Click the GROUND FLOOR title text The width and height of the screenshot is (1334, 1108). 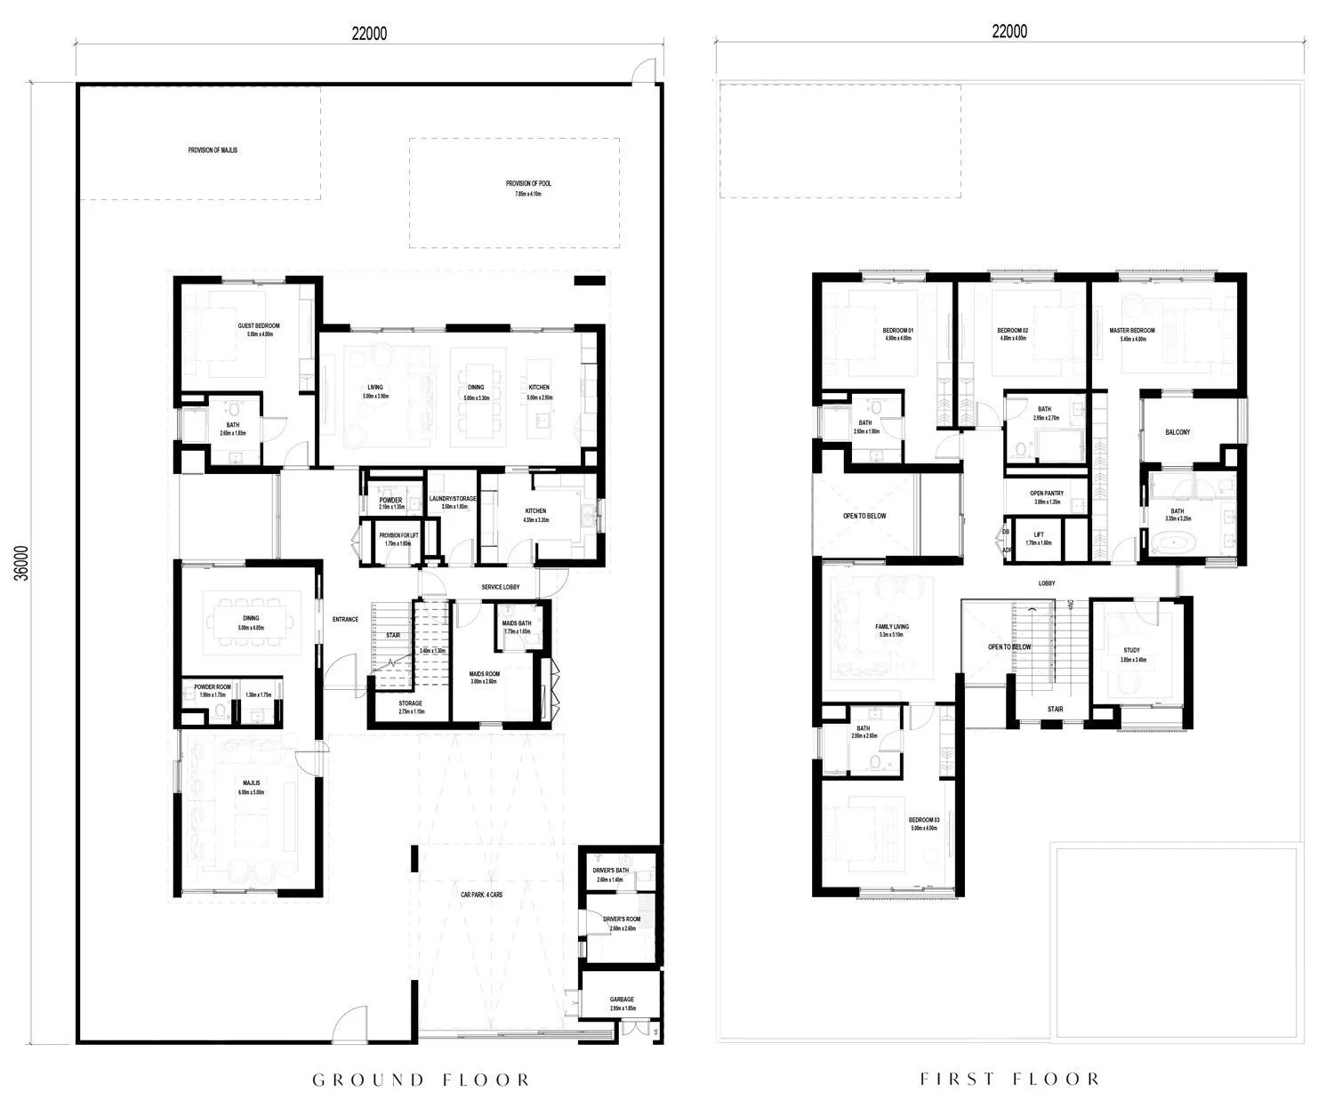422,1080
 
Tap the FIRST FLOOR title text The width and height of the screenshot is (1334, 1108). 1009,1080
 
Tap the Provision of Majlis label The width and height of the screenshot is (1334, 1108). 213,150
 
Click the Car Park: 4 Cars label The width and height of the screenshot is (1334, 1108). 481,895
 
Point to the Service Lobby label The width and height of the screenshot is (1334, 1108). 500,588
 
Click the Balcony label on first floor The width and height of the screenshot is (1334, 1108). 1177,432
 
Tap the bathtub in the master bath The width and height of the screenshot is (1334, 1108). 1171,542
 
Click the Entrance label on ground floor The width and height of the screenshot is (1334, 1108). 345,619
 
